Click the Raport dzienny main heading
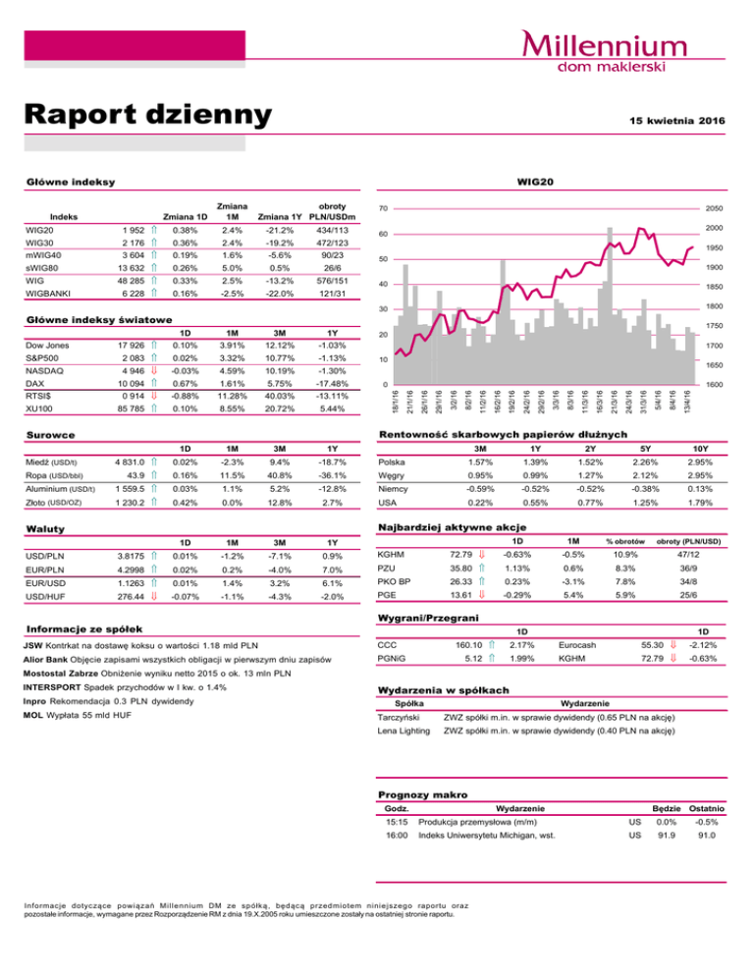[147, 116]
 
